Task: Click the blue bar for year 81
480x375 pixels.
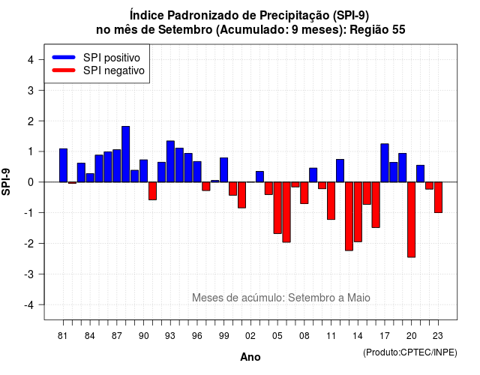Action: (x=63, y=165)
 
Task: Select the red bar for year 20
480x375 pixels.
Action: (x=412, y=220)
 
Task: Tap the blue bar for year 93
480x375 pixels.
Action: (x=170, y=161)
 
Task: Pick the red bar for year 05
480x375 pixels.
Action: (x=277, y=208)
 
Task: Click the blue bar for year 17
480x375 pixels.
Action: (x=385, y=163)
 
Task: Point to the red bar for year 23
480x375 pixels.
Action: (x=438, y=197)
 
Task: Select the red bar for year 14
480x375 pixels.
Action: (x=358, y=211)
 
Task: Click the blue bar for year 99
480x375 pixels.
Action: (x=223, y=170)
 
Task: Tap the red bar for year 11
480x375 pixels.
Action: (x=331, y=201)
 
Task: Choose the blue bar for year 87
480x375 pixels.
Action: (x=117, y=166)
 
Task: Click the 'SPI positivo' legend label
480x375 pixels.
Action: (x=112, y=58)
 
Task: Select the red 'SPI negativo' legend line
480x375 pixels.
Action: (x=64, y=70)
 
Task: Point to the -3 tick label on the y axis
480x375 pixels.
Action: (x=29, y=274)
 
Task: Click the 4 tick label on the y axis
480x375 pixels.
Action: (x=31, y=60)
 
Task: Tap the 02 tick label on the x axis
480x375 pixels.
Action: (x=250, y=336)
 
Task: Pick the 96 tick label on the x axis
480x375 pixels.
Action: (x=197, y=336)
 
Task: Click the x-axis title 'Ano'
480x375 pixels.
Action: (x=250, y=357)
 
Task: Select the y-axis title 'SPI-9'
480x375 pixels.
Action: (x=6, y=181)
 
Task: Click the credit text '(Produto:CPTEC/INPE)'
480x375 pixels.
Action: (x=410, y=352)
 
